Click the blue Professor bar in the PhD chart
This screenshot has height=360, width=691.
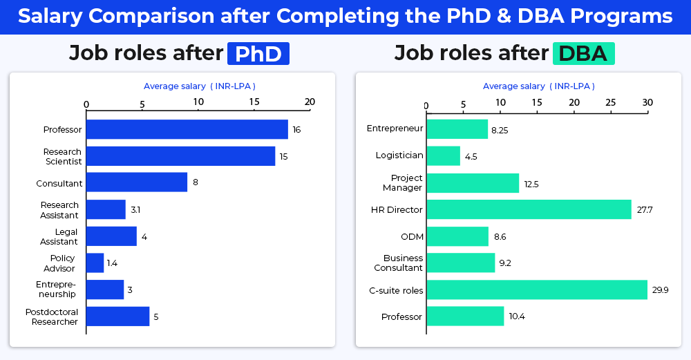(x=187, y=129)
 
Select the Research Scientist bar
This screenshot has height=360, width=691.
(x=180, y=156)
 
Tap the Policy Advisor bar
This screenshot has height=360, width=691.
(x=95, y=263)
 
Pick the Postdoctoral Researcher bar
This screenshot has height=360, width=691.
(x=117, y=316)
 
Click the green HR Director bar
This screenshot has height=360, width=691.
(x=529, y=209)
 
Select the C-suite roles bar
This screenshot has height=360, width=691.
(x=537, y=290)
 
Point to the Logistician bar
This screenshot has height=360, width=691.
(x=443, y=155)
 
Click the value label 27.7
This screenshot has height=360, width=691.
(x=645, y=209)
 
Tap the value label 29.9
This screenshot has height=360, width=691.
(x=661, y=290)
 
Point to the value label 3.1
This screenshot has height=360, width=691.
(x=135, y=209)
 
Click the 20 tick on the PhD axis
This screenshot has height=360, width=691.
(x=310, y=102)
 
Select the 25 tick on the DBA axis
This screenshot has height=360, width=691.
(x=611, y=102)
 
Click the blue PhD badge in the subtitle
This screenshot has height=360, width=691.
(x=258, y=54)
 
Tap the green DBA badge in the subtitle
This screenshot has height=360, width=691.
(x=583, y=54)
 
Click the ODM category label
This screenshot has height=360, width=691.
(x=412, y=236)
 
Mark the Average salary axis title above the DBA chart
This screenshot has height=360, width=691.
(x=538, y=86)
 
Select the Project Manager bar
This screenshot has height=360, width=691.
(x=473, y=183)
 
